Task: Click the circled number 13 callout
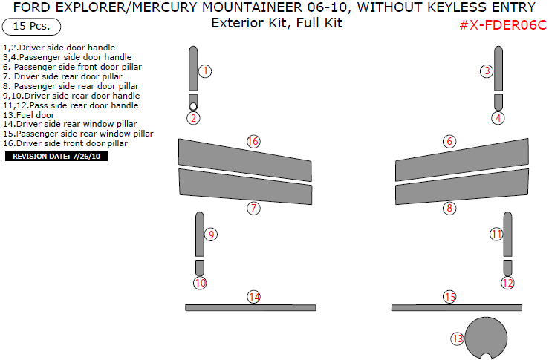click(457, 338)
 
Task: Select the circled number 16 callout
click(253, 141)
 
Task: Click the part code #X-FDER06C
click(503, 24)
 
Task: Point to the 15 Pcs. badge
click(31, 26)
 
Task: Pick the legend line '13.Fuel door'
click(29, 115)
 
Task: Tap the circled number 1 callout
click(206, 71)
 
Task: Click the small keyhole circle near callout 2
click(193, 106)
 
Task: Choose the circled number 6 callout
click(449, 141)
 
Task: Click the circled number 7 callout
click(254, 209)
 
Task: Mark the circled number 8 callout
click(449, 209)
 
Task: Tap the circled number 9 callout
click(211, 235)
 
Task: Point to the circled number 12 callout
click(507, 283)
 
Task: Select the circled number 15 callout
click(449, 297)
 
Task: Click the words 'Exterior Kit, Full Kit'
click(276, 22)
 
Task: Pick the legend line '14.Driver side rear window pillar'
click(70, 125)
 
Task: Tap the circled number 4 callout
click(498, 117)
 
